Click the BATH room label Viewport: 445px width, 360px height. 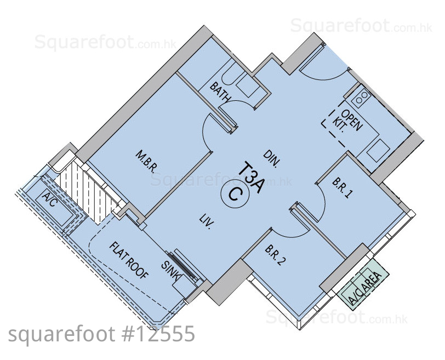point(220,92)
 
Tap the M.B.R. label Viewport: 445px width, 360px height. point(146,162)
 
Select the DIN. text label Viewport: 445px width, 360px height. point(272,158)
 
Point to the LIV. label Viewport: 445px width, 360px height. point(207,222)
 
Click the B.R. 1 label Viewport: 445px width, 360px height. point(343,188)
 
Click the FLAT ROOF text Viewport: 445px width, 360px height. point(129,260)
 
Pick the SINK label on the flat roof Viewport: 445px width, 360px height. point(171,271)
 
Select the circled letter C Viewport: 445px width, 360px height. point(235,195)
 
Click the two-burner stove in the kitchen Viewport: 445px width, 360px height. point(361,96)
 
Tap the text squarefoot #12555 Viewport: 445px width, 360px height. point(101,334)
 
